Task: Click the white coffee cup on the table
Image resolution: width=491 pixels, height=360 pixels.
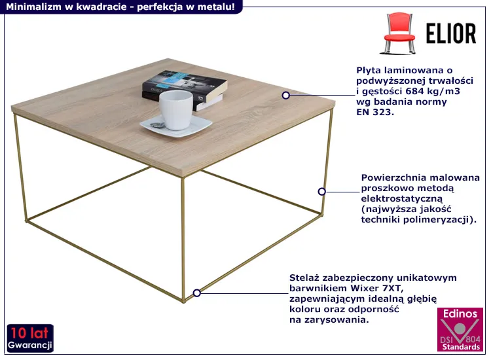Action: click(175, 110)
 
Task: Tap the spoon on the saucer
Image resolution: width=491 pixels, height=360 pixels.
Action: click(157, 125)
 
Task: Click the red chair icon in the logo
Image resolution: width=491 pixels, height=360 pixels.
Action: click(399, 33)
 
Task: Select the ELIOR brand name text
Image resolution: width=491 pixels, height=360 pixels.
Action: click(451, 33)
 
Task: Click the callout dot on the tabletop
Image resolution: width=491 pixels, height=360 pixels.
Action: click(285, 95)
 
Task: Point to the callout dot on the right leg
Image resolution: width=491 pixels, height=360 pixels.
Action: click(321, 192)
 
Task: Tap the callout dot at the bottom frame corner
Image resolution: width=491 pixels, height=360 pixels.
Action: click(196, 293)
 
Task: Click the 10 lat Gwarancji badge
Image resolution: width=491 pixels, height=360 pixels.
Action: click(30, 338)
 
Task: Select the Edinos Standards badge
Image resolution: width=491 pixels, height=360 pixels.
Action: click(460, 329)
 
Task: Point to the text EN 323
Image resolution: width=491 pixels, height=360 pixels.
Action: click(375, 112)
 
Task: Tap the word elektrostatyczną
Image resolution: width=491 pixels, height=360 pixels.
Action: click(402, 199)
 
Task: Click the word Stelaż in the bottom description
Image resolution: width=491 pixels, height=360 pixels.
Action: click(304, 278)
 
